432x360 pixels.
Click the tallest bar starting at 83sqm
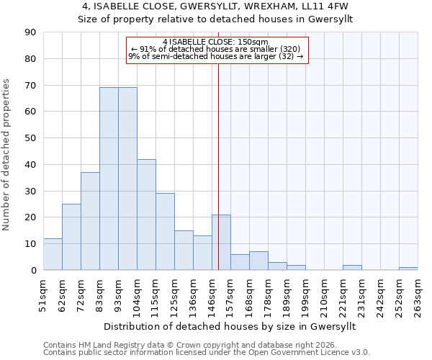tap(109, 179)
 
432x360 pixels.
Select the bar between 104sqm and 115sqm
tap(146, 215)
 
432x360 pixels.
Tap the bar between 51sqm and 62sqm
tap(53, 254)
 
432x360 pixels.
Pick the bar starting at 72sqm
tap(90, 221)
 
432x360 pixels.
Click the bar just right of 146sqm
tap(221, 243)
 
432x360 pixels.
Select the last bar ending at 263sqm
tap(408, 269)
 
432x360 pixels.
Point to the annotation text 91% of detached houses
tap(215, 49)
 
